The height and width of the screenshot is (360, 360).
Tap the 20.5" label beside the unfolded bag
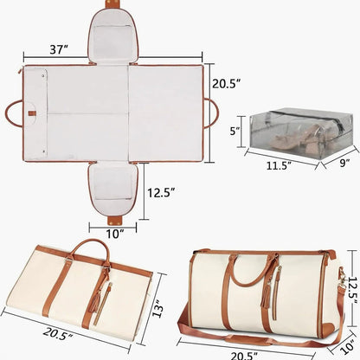point(226,83)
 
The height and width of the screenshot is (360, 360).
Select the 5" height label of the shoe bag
point(234,132)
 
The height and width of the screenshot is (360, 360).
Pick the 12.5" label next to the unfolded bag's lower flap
point(164,193)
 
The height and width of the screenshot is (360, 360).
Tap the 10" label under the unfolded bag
point(114,232)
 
